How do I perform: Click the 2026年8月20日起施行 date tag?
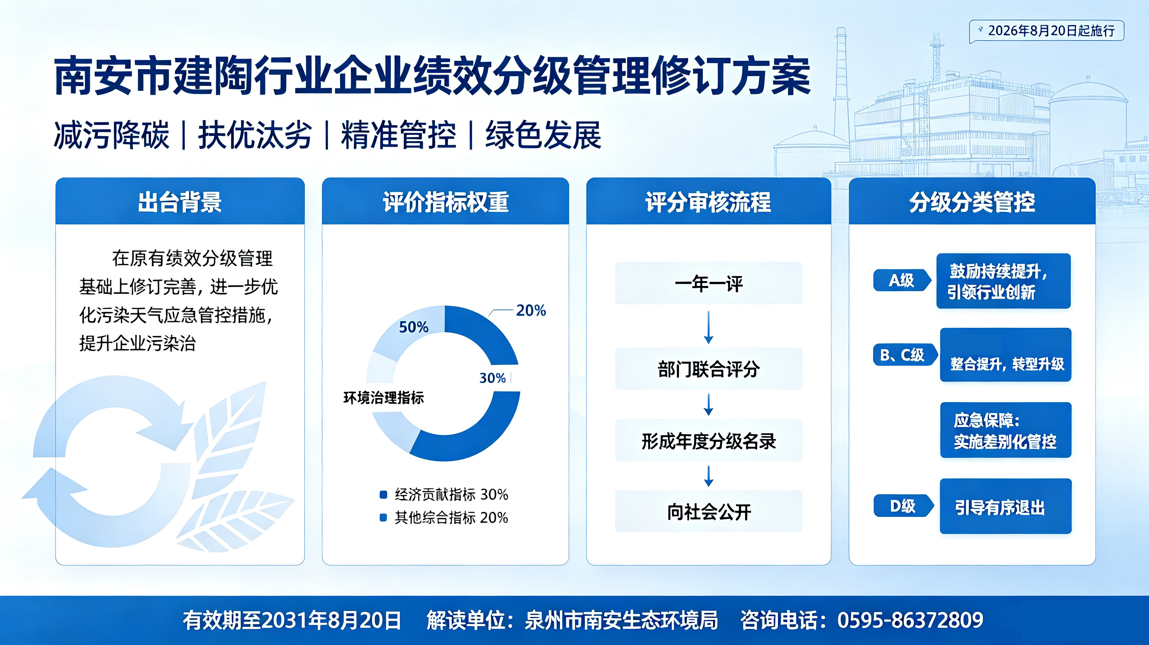click(1047, 31)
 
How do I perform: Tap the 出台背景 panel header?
click(180, 202)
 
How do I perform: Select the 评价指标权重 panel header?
click(445, 202)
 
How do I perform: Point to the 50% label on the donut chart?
click(414, 327)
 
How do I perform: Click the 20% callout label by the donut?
click(531, 311)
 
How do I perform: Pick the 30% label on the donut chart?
click(493, 378)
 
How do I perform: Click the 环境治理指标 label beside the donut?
click(384, 397)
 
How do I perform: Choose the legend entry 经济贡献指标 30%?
click(444, 494)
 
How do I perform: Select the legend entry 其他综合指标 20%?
click(444, 518)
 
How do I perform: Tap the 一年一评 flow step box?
click(708, 283)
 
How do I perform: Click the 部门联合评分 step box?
click(708, 368)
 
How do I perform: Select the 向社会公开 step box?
click(708, 511)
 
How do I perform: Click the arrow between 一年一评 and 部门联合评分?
click(708, 327)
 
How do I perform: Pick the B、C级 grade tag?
click(904, 355)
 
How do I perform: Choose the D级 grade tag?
click(903, 506)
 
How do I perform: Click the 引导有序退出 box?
click(1005, 506)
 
